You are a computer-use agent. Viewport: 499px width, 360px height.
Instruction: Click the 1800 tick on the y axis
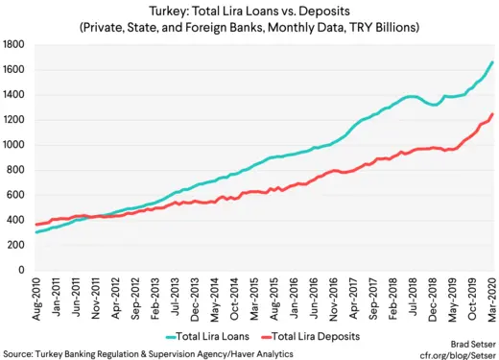coord(13,44)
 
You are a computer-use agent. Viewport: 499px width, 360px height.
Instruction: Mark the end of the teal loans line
coord(493,61)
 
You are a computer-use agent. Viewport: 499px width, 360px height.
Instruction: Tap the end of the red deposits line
coord(493,114)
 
